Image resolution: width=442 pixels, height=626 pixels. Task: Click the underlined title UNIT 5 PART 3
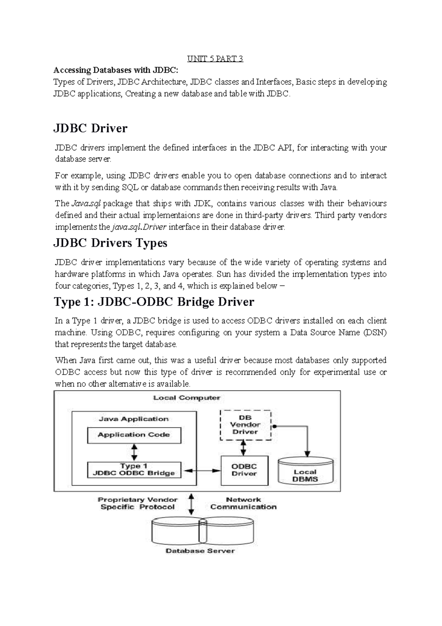215,59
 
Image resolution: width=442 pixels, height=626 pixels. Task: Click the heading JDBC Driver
91,128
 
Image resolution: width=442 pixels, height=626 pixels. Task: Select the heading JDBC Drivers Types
110,243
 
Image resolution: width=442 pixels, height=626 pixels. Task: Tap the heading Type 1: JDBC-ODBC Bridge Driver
154,302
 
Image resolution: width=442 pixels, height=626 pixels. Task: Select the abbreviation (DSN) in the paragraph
375,333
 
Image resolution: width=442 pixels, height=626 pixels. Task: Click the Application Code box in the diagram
134,435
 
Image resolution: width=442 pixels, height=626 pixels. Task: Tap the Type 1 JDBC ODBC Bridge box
134,470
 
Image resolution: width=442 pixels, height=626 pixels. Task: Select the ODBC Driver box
244,470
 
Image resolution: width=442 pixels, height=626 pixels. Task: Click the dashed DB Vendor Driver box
245,425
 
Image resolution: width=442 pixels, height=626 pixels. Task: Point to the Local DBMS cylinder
305,472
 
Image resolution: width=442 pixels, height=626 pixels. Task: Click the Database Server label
200,551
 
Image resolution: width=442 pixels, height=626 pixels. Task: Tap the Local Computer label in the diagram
187,398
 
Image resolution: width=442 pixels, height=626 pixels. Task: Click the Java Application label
134,419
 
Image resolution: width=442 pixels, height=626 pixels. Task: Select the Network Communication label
243,503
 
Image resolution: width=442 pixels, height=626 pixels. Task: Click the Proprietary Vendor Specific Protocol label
137,503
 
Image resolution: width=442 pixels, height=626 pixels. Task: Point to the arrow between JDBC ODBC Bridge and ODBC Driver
202,471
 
